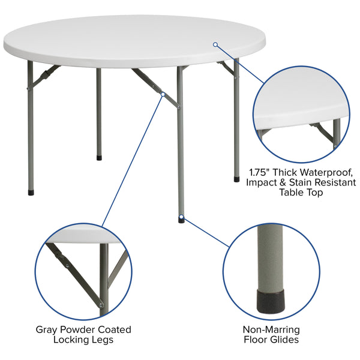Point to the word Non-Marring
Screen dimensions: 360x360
[x=271, y=329]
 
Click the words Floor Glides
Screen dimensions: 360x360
[x=271, y=340]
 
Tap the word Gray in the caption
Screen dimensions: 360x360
[x=47, y=329]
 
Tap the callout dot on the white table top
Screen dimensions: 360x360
[x=215, y=44]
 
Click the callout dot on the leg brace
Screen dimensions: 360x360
[x=163, y=94]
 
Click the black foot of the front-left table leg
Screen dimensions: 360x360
[x=32, y=194]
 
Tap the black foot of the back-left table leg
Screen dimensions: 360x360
[x=100, y=158]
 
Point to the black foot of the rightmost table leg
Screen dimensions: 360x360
[x=236, y=178]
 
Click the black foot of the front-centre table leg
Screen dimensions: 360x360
[x=181, y=220]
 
